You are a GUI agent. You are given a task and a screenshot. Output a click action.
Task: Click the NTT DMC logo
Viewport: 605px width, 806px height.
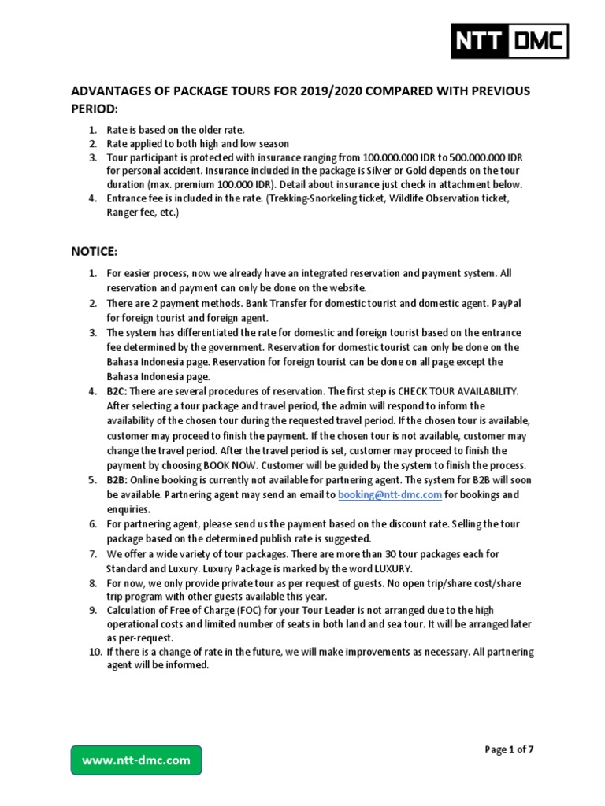coord(509,41)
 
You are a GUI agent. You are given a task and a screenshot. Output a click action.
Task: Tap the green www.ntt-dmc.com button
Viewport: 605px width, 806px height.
coord(136,760)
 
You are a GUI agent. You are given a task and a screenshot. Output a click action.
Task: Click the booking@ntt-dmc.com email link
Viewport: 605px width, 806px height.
coord(389,494)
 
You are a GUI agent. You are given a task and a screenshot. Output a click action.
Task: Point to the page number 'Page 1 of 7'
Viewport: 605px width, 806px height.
coord(509,749)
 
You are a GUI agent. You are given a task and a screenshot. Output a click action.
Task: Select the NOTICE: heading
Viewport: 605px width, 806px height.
coord(95,251)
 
